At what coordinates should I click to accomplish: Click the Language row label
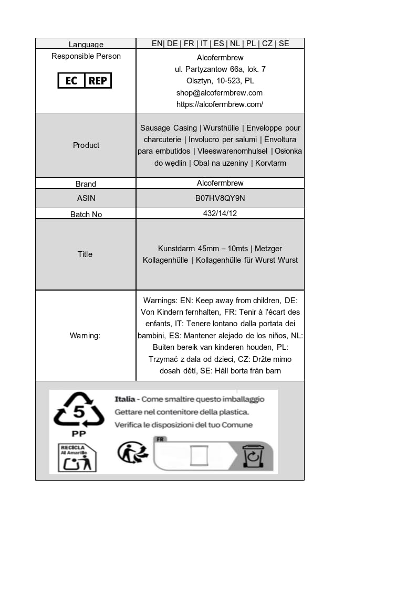(86, 45)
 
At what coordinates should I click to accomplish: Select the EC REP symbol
(85, 81)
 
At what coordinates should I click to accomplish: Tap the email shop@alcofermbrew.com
(220, 93)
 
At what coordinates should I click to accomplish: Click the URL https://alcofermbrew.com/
(220, 104)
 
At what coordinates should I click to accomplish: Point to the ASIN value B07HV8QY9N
(220, 198)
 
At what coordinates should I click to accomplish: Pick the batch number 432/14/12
(220, 213)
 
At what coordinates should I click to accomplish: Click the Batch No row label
(86, 214)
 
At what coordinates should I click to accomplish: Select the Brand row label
(86, 184)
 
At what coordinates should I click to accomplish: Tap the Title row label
(85, 254)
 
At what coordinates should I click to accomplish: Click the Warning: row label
(85, 336)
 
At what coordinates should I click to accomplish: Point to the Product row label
(86, 145)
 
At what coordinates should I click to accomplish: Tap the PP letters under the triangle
(79, 434)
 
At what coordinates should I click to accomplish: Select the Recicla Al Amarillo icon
(77, 457)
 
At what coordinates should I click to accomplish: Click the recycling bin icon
(252, 456)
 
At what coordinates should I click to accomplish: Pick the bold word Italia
(124, 399)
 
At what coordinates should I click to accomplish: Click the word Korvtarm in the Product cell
(270, 163)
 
